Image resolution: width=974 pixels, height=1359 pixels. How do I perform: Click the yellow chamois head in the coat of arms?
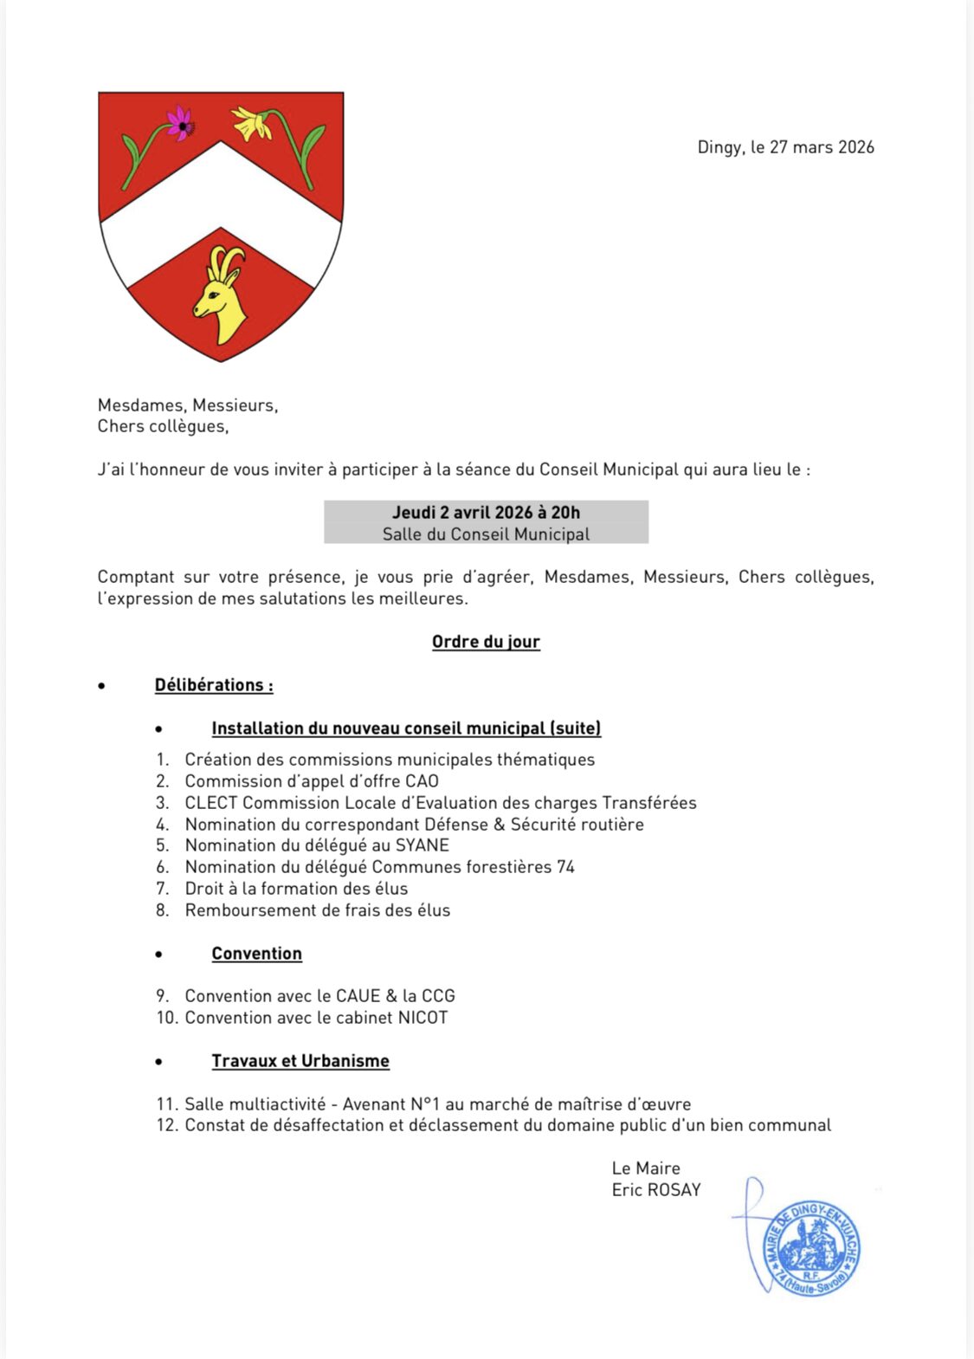click(x=222, y=291)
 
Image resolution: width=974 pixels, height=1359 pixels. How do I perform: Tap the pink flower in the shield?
click(x=180, y=124)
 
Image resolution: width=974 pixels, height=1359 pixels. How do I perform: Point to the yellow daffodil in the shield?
click(x=252, y=124)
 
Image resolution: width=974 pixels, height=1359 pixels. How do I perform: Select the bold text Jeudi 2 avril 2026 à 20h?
click(x=486, y=513)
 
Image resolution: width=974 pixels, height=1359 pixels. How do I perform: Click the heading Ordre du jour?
click(x=486, y=642)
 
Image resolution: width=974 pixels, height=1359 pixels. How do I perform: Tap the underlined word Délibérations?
click(x=211, y=685)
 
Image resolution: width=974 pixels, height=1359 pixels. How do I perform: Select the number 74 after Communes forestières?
click(x=565, y=867)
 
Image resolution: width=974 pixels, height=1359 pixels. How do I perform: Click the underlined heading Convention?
click(x=256, y=954)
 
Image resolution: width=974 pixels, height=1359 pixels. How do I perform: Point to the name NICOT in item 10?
click(x=422, y=1018)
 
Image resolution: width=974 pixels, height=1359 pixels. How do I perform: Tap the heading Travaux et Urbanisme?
click(x=300, y=1061)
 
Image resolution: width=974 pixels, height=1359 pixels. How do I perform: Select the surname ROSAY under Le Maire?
click(x=674, y=1190)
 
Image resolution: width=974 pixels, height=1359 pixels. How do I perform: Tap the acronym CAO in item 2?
click(x=422, y=781)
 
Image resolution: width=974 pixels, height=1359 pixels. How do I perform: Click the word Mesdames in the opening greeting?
click(x=141, y=405)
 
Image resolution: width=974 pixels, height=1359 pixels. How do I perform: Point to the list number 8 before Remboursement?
click(x=161, y=910)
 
